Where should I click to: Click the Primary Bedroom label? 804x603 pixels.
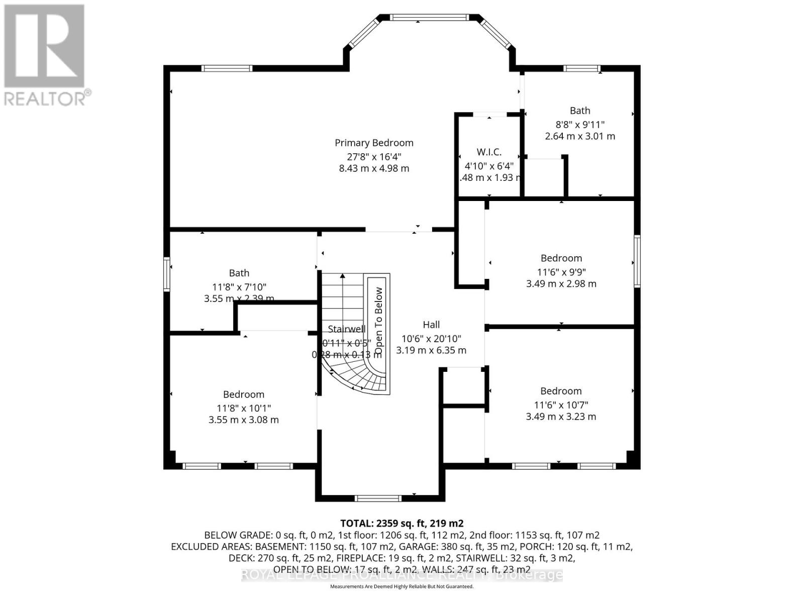(x=374, y=143)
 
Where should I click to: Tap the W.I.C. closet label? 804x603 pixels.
(x=489, y=152)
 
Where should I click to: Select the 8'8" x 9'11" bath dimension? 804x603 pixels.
(x=580, y=124)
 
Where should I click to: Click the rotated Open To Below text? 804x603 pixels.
(x=379, y=317)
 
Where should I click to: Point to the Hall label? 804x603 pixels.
(x=431, y=325)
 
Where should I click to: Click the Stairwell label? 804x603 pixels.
(x=347, y=329)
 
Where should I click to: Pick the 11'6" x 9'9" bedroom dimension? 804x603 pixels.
(x=561, y=272)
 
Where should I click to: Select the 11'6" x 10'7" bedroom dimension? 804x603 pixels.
(x=561, y=405)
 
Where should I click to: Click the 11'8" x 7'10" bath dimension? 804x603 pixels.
(x=239, y=287)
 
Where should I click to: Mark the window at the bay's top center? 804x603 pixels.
(x=430, y=18)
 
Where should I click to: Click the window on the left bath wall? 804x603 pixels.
(x=167, y=274)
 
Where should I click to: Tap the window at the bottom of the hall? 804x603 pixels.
(x=378, y=498)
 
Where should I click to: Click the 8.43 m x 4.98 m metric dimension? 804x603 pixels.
(x=374, y=168)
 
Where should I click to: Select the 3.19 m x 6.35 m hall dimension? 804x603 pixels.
(x=431, y=350)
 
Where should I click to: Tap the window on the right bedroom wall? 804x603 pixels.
(x=637, y=261)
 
